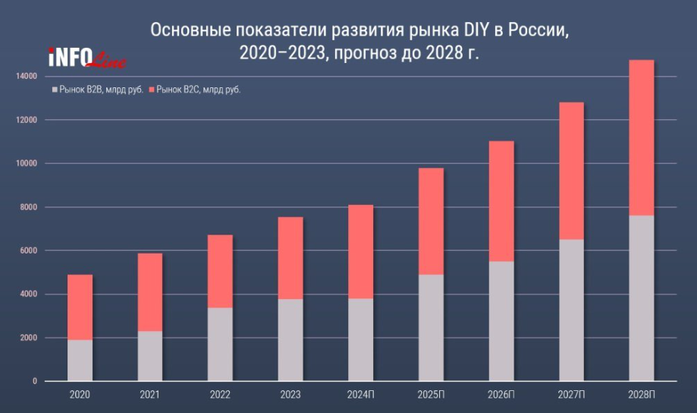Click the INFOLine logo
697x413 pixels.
86,58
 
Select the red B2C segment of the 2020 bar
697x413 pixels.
80,307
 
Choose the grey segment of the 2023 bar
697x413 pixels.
290,339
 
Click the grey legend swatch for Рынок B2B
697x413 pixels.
54,90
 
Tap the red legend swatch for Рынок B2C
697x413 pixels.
152,90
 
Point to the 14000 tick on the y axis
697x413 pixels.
25,77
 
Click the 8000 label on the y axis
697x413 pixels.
27,207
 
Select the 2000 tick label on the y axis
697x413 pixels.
27,338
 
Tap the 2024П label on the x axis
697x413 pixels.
361,396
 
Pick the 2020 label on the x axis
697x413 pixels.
80,396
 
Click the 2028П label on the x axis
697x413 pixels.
642,396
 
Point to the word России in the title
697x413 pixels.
535,30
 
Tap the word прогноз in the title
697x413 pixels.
366,54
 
